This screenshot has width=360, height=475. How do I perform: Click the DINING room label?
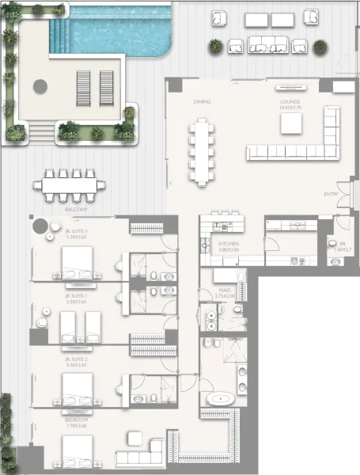[x=203, y=102]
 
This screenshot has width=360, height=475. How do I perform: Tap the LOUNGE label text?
[x=290, y=101]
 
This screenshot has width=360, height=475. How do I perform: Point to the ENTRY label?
[x=331, y=194]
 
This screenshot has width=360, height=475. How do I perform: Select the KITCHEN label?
[x=229, y=244]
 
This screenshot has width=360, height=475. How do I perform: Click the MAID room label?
[x=225, y=291]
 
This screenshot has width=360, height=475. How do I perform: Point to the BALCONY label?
[x=76, y=210]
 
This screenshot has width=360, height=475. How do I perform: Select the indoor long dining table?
[x=202, y=149]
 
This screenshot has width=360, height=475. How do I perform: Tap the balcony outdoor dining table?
[x=69, y=187]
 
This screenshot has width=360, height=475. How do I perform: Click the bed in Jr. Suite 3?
[x=76, y=262]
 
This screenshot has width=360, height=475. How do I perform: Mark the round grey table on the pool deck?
[x=40, y=85]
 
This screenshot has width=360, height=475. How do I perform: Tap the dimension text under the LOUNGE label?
[x=290, y=108]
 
